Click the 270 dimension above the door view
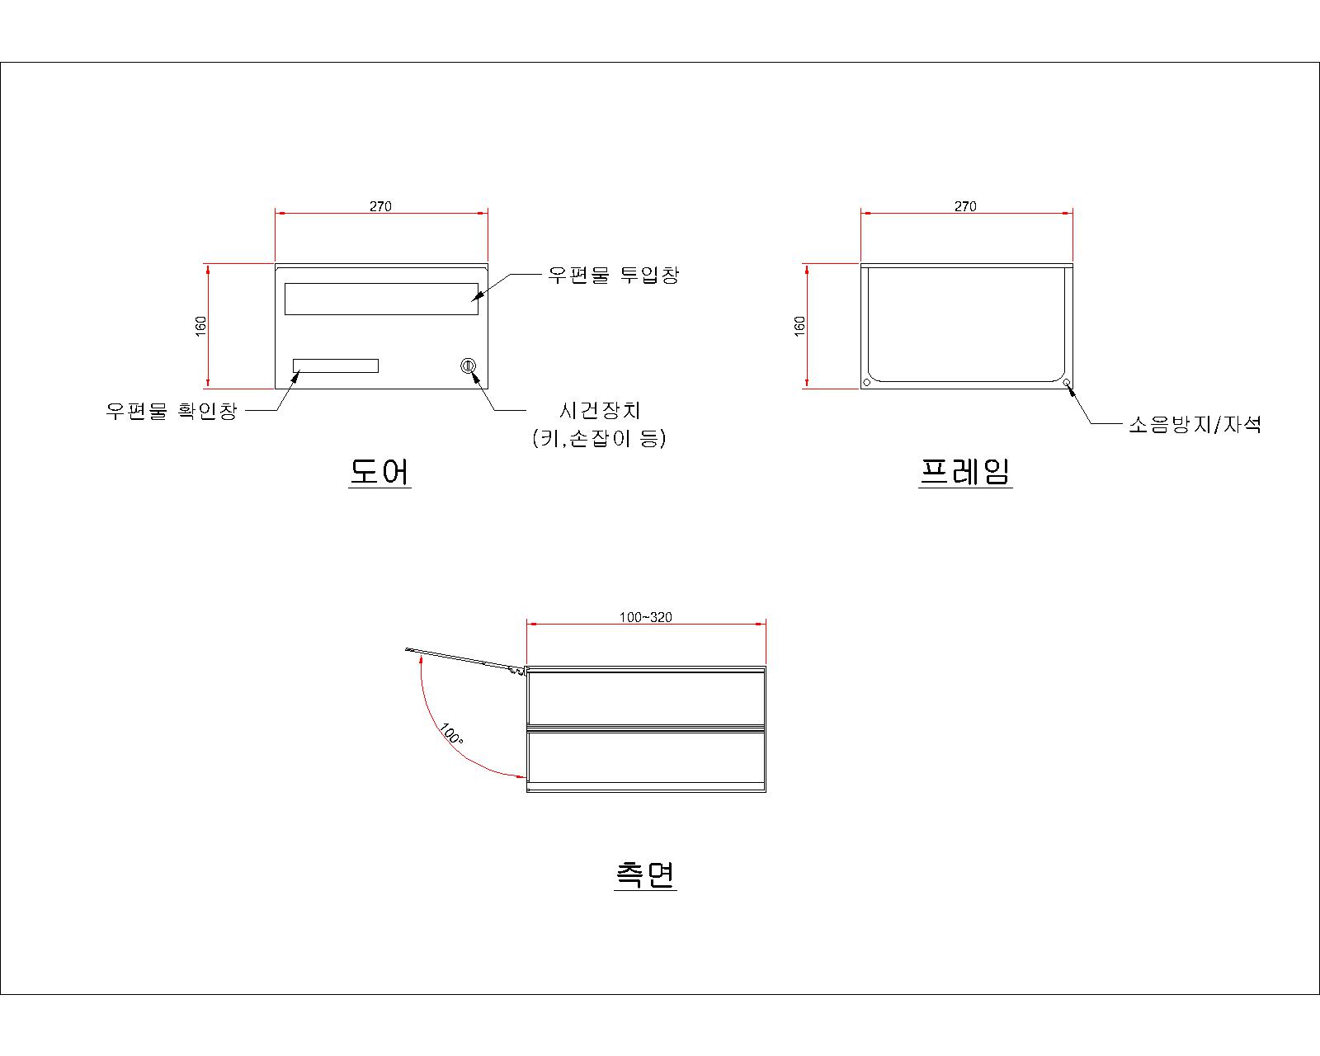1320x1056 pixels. point(380,206)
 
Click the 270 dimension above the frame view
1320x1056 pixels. point(965,206)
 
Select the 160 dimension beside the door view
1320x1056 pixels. point(200,326)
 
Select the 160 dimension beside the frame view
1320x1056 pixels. point(799,326)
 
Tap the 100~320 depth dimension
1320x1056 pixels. point(645,616)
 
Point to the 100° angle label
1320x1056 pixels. point(450,734)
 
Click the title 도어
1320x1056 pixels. point(379,471)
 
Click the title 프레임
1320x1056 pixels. point(965,471)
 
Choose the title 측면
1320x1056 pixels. point(645,874)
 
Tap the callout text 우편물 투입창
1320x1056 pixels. point(613,274)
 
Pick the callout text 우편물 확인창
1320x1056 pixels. point(171,411)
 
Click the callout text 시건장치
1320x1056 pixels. point(600,411)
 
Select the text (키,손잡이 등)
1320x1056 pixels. point(599,438)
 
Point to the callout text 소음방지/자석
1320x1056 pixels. point(1195,424)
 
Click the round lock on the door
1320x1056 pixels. point(468,366)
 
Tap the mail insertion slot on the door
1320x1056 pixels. point(381,299)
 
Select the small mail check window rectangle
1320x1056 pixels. point(336,365)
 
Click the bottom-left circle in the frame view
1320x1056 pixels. point(867,382)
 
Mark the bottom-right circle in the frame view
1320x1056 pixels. point(1066,382)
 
